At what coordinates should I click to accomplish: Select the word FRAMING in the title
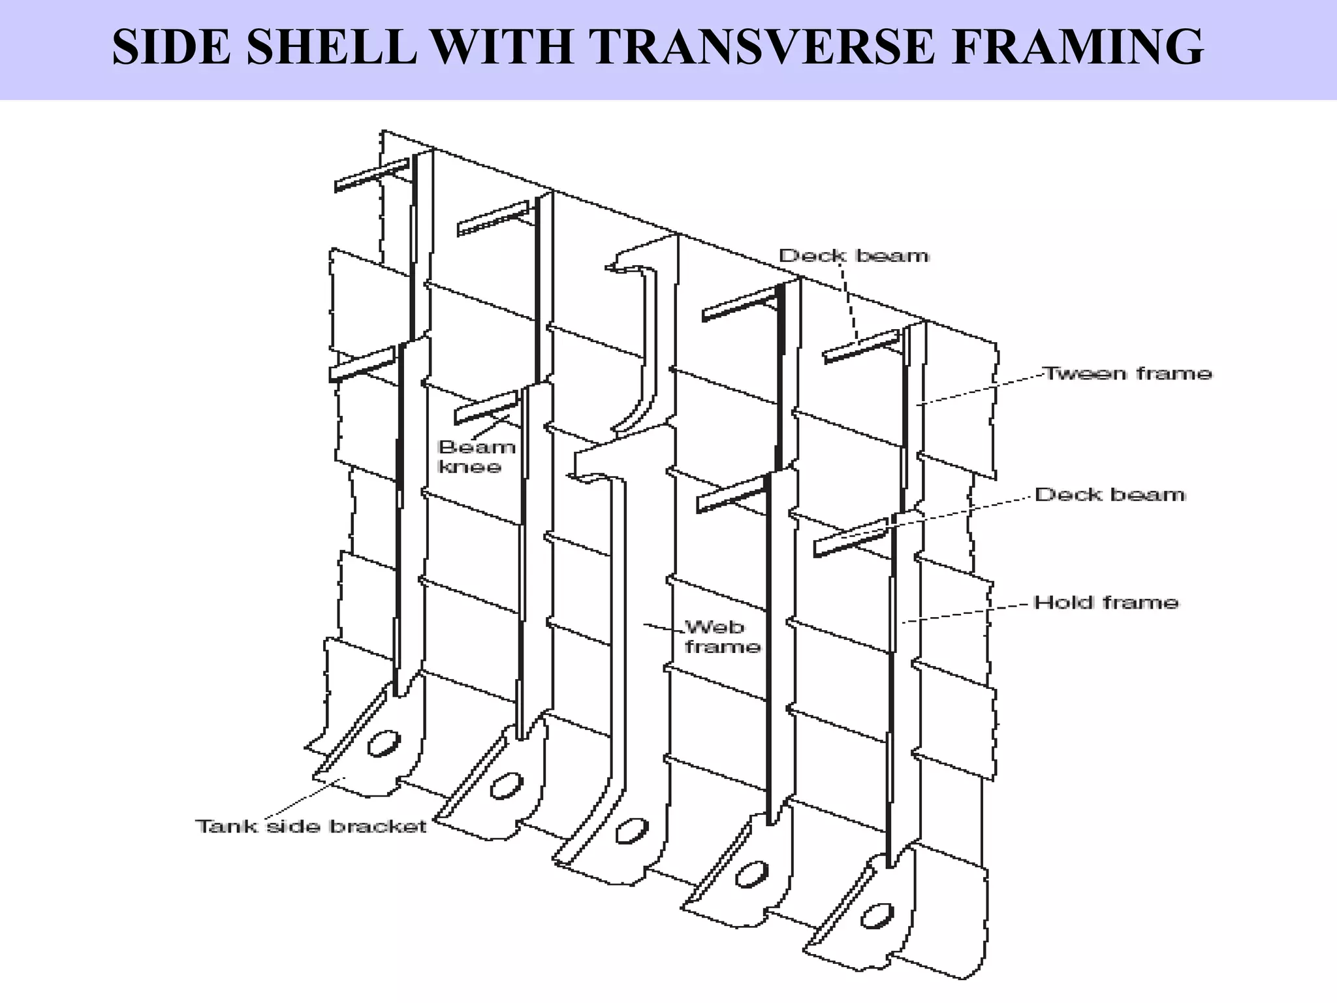tap(1077, 47)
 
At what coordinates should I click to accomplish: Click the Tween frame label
tap(1127, 374)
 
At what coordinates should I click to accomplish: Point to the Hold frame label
tap(1107, 602)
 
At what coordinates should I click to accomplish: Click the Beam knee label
tap(476, 456)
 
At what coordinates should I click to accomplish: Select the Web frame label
tap(721, 637)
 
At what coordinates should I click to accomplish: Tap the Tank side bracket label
tap(311, 826)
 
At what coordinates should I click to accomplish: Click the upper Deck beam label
tap(854, 255)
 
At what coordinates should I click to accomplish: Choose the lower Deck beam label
tap(1110, 494)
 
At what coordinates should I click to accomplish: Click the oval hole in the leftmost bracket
tap(383, 744)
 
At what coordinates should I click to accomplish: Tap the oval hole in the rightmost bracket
tap(877, 915)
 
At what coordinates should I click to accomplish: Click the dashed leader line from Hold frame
tap(966, 613)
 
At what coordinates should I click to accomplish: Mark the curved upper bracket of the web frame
tap(643, 346)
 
